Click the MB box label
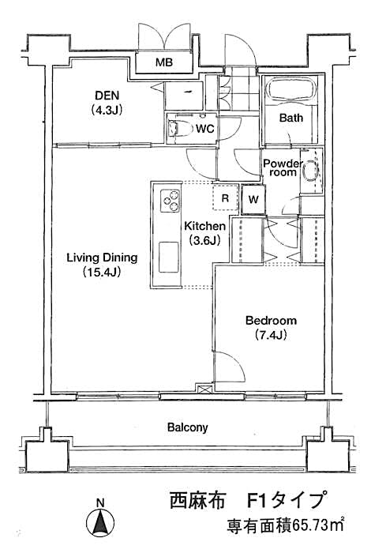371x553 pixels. (163, 62)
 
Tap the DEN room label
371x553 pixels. (104, 92)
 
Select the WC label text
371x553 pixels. (205, 128)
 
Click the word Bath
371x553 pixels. (290, 118)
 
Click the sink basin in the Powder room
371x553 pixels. (312, 173)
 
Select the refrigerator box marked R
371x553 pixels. (225, 198)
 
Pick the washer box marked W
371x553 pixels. (253, 199)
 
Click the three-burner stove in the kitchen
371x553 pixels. (170, 201)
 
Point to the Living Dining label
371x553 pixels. (102, 258)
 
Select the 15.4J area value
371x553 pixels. (102, 273)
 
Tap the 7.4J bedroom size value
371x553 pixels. (270, 335)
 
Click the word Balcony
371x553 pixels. (187, 427)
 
